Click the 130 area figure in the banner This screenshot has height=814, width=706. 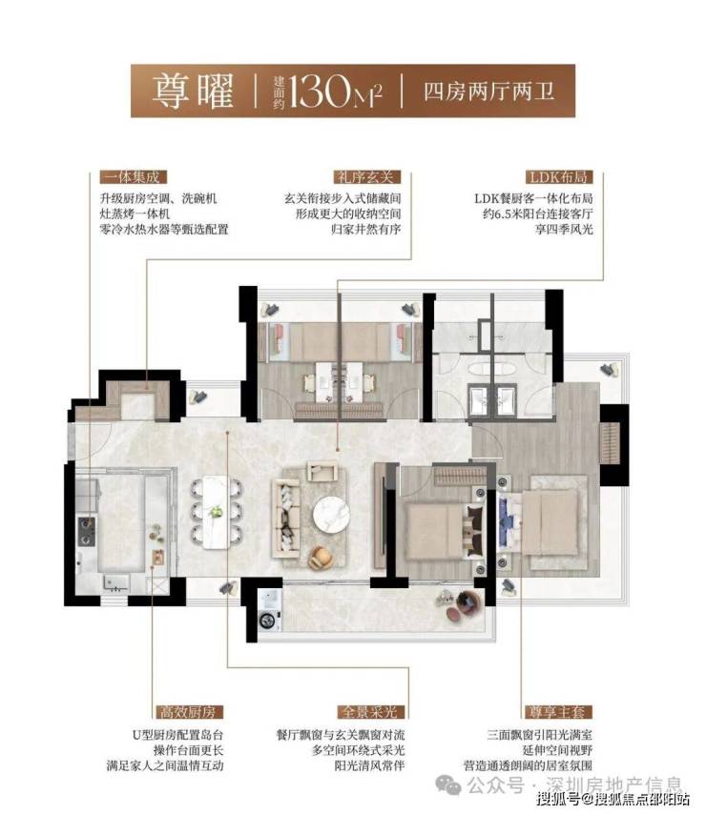(x=320, y=91)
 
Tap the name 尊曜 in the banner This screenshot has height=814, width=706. (x=193, y=91)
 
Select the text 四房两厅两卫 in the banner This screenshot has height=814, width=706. (x=488, y=92)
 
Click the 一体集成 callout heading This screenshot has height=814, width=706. (x=133, y=177)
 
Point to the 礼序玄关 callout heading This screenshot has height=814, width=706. (x=365, y=177)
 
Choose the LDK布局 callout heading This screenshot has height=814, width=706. (x=558, y=177)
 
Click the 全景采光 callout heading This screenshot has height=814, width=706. (x=369, y=712)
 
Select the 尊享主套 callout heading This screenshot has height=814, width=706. (x=557, y=712)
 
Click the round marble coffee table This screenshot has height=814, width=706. (x=331, y=515)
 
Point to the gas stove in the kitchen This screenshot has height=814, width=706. (x=86, y=531)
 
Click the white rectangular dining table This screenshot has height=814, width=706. (x=217, y=512)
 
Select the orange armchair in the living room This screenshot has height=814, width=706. (x=320, y=558)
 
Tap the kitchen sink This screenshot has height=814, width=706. (x=116, y=583)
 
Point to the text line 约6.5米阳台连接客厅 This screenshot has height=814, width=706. (x=538, y=214)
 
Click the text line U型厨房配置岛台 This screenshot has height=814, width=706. (x=178, y=735)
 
